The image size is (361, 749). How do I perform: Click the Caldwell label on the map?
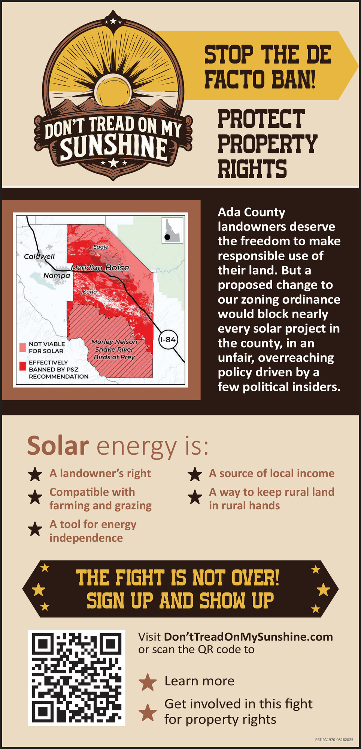(39, 257)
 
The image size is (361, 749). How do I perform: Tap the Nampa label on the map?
(57, 276)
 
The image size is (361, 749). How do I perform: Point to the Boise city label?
(117, 267)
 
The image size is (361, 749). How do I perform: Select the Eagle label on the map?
(101, 247)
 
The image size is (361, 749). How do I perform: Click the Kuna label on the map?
(90, 291)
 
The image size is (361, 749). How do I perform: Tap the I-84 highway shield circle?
(167, 340)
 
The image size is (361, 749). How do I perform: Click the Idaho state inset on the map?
(172, 230)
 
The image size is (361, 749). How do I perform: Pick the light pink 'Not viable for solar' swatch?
(23, 347)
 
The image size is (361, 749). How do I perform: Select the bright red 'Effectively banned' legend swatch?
(23, 366)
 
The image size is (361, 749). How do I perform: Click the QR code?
(76, 678)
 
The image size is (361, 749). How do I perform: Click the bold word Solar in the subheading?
(58, 446)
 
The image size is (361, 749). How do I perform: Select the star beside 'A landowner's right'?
(35, 474)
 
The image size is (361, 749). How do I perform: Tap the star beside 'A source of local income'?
(195, 474)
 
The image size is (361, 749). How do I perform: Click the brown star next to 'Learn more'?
(148, 682)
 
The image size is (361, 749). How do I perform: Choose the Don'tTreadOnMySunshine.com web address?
(248, 637)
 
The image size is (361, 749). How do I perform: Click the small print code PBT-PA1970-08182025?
(334, 740)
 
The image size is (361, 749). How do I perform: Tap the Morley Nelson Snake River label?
(114, 346)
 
